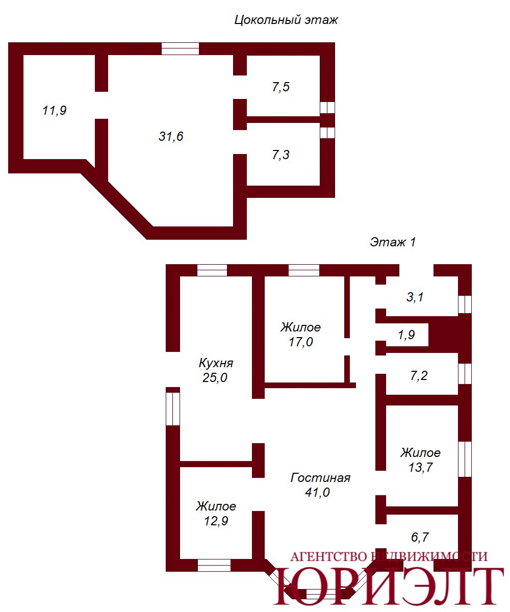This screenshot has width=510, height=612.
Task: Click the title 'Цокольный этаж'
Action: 286,20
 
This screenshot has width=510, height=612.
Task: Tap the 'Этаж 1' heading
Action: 393,242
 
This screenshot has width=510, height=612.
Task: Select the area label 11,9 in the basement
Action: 55,111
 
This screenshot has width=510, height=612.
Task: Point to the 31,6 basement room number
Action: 171,136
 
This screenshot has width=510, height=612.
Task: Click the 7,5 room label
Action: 281,87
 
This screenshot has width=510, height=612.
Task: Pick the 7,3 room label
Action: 281,155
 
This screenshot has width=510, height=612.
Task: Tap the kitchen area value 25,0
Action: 215,378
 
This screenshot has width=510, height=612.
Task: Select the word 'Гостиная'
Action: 320,478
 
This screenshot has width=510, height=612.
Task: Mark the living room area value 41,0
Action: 317,493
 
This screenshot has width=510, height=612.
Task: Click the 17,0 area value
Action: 301,342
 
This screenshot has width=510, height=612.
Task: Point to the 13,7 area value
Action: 420,468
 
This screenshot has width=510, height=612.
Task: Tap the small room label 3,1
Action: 415,297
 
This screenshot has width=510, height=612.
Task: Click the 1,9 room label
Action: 406,335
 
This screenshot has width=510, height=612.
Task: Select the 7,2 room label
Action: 419,375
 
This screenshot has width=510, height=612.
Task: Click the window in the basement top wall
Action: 180,48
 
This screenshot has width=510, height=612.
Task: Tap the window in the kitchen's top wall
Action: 212,270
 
